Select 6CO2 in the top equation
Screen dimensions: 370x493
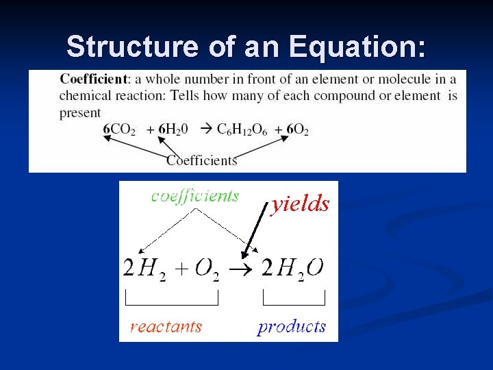pos(120,129)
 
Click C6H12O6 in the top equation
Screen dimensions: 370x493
pos(242,129)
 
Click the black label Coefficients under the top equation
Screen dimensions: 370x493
pos(202,160)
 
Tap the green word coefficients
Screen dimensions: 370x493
pos(195,196)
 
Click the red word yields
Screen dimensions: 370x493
pos(301,203)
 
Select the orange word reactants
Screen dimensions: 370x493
pos(166,326)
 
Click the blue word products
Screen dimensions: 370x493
pos(292,327)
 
